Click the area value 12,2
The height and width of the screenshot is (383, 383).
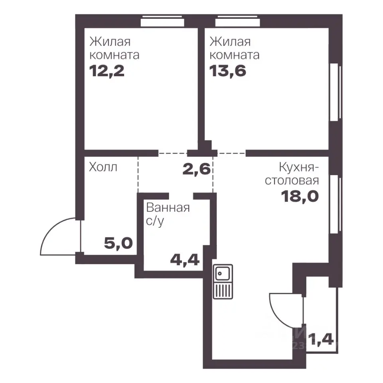click(107, 71)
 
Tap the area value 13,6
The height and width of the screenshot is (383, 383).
click(228, 71)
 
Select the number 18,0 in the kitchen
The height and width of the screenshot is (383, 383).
click(300, 196)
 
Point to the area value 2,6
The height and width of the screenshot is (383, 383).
click(197, 169)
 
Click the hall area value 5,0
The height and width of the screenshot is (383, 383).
click(118, 243)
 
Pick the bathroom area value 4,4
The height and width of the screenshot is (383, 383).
click(185, 259)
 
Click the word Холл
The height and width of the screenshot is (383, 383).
click(103, 167)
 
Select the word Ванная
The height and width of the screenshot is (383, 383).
click(168, 208)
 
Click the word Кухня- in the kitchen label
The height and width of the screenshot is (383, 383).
click(299, 168)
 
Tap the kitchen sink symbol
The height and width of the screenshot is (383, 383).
click(223, 282)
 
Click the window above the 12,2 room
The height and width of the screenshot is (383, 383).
click(162, 21)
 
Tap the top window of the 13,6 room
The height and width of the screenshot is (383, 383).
click(237, 21)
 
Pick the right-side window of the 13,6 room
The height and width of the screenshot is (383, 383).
click(336, 92)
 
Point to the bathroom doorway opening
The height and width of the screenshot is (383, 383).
click(181, 196)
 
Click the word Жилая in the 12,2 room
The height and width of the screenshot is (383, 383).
click(110, 42)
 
